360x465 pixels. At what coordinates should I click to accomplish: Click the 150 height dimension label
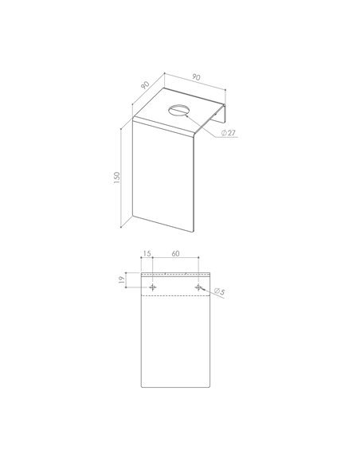coord(117,178)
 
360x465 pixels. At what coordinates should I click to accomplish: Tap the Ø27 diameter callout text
coord(229,132)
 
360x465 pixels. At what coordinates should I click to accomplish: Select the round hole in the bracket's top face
coord(178,111)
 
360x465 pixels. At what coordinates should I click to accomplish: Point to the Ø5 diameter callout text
coord(219,291)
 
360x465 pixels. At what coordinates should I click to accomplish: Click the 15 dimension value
coord(147,253)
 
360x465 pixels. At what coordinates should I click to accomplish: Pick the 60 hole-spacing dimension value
coord(175,253)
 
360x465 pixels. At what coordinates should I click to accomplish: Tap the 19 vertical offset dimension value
coord(121,280)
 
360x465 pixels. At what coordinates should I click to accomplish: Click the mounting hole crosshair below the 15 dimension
coord(153,287)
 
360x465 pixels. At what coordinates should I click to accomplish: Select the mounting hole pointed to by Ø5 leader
coord(198,287)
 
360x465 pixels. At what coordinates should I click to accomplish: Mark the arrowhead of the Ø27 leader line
coord(186,115)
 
